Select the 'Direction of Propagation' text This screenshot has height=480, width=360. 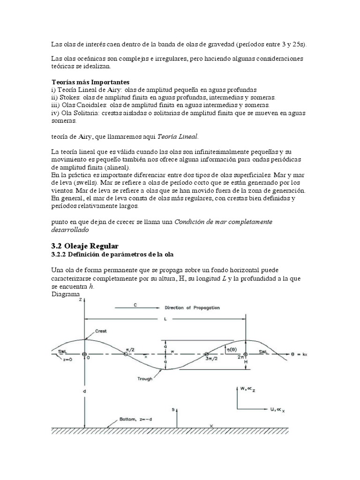click(192, 308)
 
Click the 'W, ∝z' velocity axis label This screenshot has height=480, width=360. click(243, 389)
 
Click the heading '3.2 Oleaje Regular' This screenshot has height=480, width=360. click(84, 246)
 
